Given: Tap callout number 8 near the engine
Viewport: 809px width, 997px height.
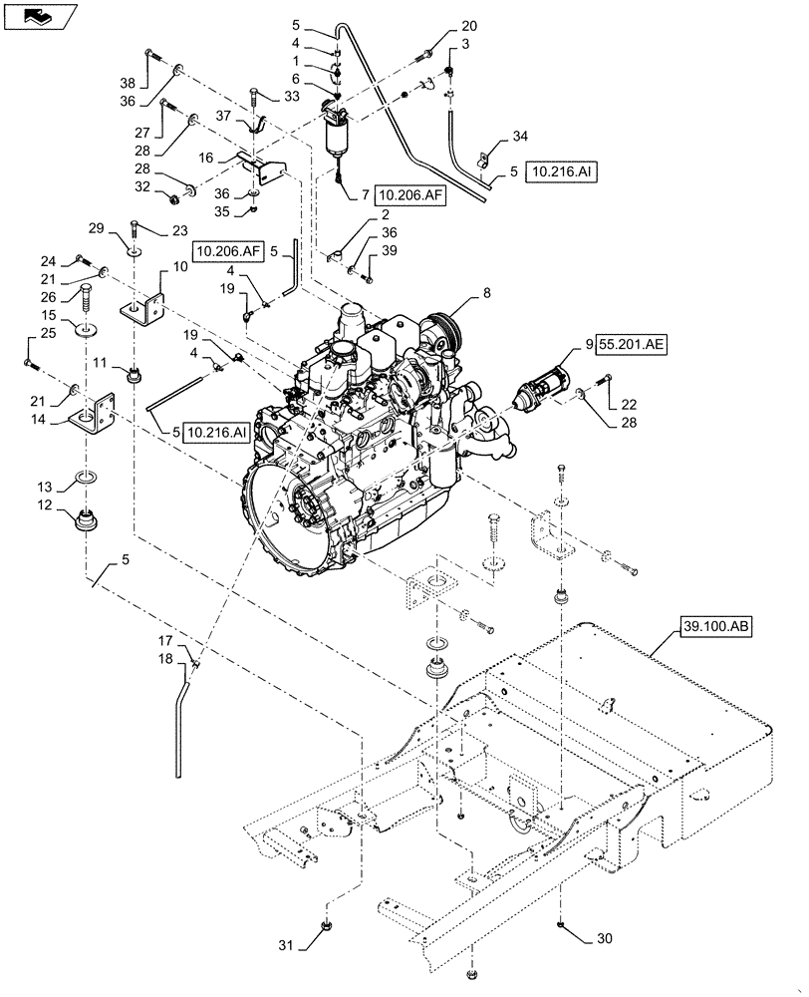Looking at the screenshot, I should click(x=487, y=294).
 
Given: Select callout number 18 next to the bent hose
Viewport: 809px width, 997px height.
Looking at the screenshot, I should click(x=164, y=659).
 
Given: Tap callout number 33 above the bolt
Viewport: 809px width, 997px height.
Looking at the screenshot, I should click(x=291, y=97).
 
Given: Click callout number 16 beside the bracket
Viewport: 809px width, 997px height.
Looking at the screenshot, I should click(x=206, y=158).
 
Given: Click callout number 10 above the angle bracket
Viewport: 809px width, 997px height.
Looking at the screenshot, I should click(x=180, y=268).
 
